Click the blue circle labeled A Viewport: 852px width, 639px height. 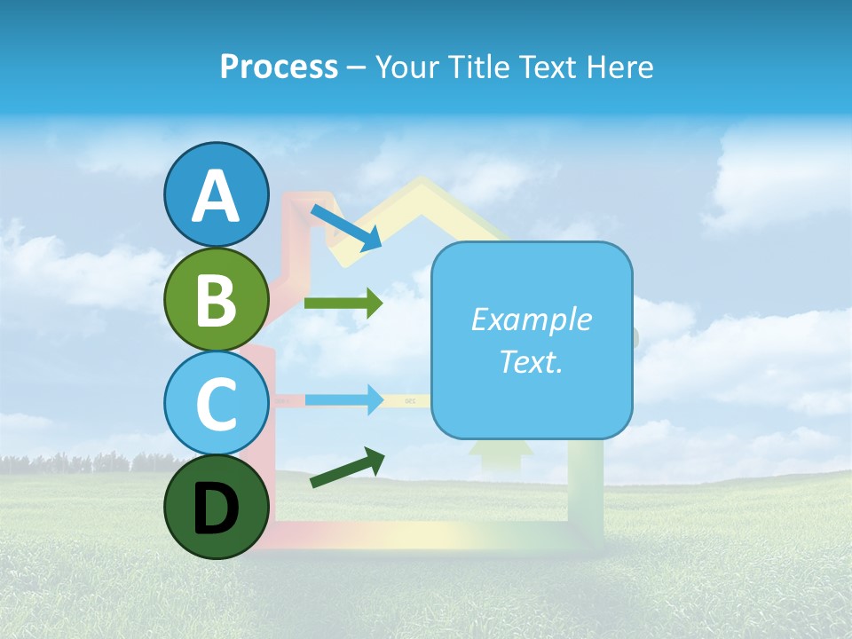pyautogui.click(x=216, y=195)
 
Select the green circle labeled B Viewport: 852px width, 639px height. pyautogui.click(x=216, y=299)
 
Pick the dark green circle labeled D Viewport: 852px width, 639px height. pyautogui.click(x=216, y=507)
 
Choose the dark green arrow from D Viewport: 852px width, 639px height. pyautogui.click(x=348, y=468)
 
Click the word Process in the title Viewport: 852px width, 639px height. pyautogui.click(x=279, y=67)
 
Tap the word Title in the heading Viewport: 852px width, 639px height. pyautogui.click(x=483, y=67)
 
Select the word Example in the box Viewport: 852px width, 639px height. pyautogui.click(x=531, y=319)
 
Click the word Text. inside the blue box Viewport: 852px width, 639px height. pyautogui.click(x=531, y=361)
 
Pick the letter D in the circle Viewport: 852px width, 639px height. pyautogui.click(x=216, y=509)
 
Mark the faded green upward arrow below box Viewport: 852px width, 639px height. pyautogui.click(x=500, y=453)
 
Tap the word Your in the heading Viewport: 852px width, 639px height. pyautogui.click(x=406, y=67)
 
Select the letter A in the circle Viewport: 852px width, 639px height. pyautogui.click(x=216, y=197)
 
